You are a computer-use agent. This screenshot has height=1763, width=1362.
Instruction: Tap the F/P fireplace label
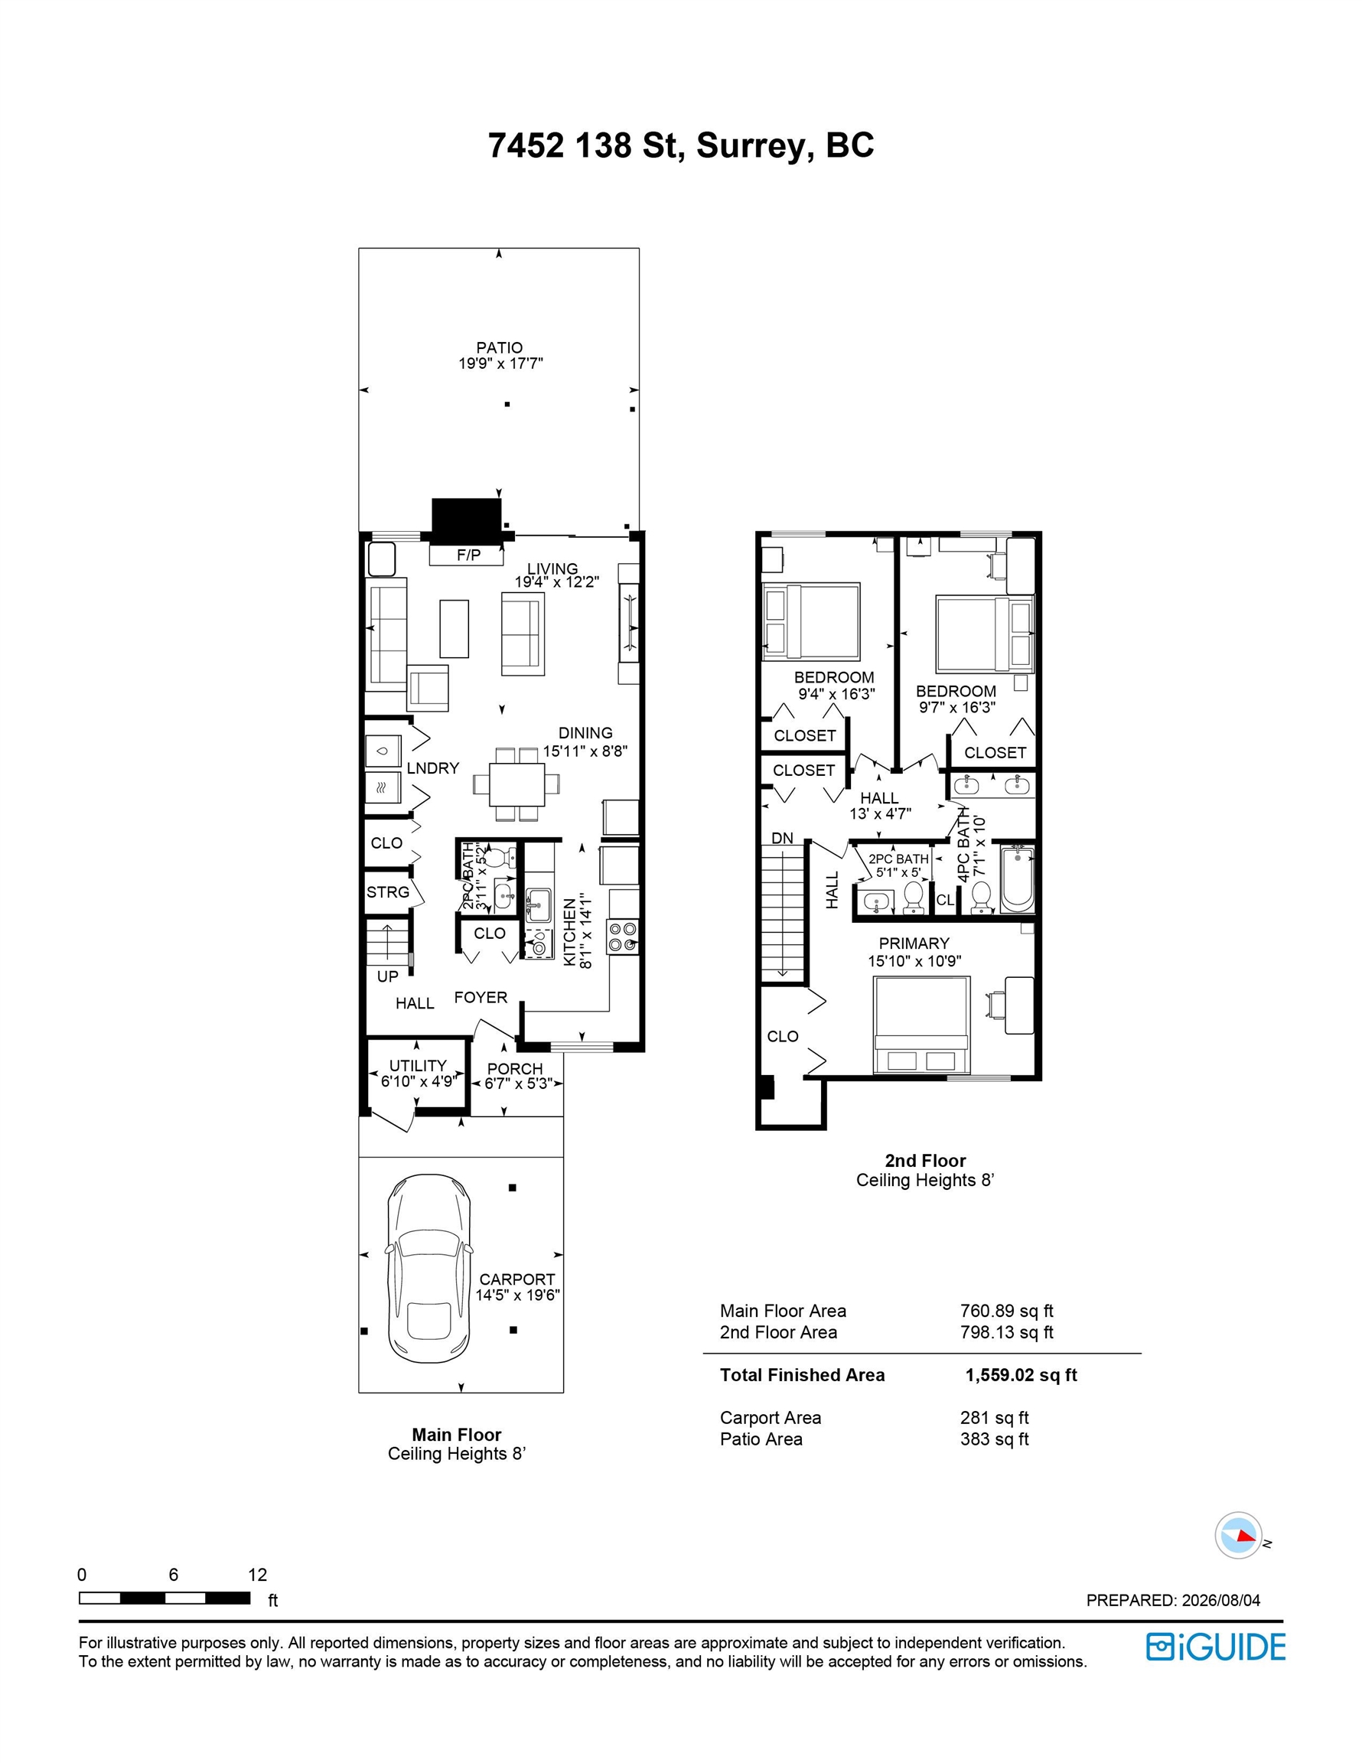(468, 555)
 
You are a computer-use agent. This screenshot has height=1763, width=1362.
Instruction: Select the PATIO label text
(499, 348)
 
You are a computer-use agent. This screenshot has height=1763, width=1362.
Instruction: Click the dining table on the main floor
(516, 784)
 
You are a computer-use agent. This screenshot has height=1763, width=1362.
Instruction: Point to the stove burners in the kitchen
(624, 937)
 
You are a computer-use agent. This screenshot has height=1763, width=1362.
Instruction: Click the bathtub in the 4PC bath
(1016, 879)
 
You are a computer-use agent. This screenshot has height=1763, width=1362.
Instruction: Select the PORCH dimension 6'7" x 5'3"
(516, 1084)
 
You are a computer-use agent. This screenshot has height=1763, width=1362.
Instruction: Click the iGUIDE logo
(1215, 1647)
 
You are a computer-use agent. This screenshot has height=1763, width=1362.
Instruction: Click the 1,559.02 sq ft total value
(1021, 1376)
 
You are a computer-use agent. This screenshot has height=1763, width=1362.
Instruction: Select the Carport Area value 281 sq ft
(995, 1417)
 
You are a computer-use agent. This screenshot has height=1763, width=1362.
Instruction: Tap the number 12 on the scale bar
(258, 1574)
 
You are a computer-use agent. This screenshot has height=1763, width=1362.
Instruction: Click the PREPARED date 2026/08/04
(1220, 1600)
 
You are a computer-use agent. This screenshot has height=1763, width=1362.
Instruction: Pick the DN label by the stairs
(781, 839)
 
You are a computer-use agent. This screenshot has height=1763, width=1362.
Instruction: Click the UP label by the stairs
(387, 976)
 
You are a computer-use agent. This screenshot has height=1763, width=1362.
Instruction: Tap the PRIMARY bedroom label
(914, 943)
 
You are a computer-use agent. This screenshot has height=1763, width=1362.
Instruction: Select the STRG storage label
(387, 892)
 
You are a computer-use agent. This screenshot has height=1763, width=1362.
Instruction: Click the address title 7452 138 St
(587, 145)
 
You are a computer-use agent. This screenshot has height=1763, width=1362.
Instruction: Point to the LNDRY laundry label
(433, 767)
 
